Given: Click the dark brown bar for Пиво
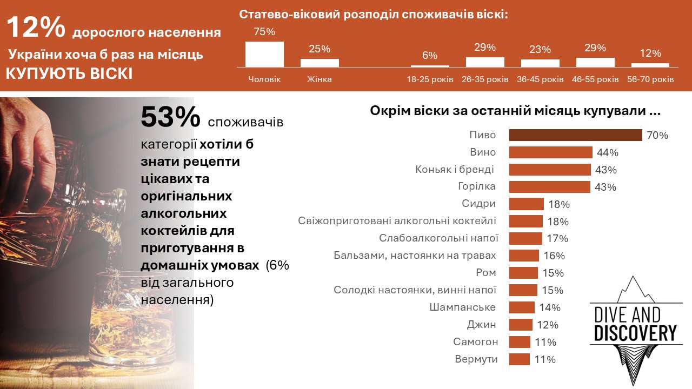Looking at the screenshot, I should tap(575, 135).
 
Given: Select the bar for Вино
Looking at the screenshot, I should tap(551, 152).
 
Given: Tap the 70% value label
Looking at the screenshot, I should tap(657, 136).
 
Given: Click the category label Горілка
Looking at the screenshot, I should tap(476, 186).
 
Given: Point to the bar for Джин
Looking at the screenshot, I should tap(521, 325).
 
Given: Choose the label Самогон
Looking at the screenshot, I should tap(476, 342).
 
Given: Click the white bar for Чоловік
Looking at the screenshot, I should tap(264, 54).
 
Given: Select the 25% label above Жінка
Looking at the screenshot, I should tap(320, 49).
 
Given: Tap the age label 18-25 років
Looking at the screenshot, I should tap(430, 79).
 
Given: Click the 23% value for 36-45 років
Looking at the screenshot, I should tap(540, 50).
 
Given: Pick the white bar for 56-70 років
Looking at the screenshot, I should tap(650, 64).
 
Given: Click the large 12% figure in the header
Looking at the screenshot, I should tap(36, 28).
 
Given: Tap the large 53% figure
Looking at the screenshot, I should tap(170, 117).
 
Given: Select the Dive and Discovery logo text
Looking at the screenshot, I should tap(635, 324).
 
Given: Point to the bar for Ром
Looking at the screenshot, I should tap(523, 273).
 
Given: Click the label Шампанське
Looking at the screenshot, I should tap(470, 307).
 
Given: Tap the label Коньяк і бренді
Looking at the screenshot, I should tap(454, 169).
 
